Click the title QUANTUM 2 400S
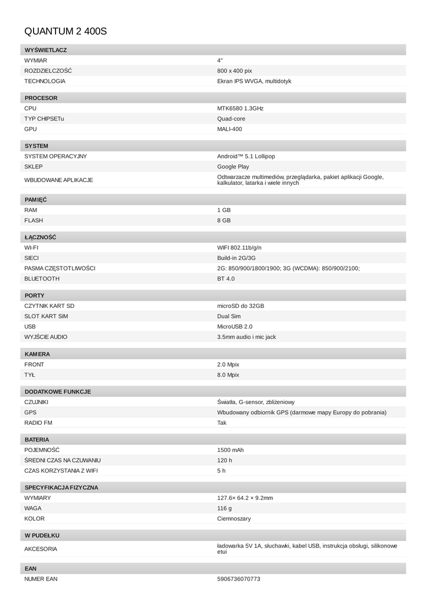click(65, 31)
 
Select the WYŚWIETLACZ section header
click(45, 50)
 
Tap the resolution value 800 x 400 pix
click(234, 71)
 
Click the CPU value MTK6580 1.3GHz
click(240, 109)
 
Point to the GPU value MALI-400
click(229, 129)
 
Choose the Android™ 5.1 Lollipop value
click(246, 157)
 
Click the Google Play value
click(233, 167)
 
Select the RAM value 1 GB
click(224, 210)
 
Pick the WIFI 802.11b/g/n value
click(239, 248)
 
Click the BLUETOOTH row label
click(42, 278)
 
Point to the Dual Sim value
click(229, 316)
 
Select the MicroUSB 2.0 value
click(235, 327)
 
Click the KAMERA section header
click(37, 354)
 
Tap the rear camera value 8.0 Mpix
click(228, 375)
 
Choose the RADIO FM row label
click(38, 423)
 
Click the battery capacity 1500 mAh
click(230, 450)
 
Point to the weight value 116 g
click(224, 508)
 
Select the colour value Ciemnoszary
click(234, 519)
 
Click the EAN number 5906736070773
click(238, 579)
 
